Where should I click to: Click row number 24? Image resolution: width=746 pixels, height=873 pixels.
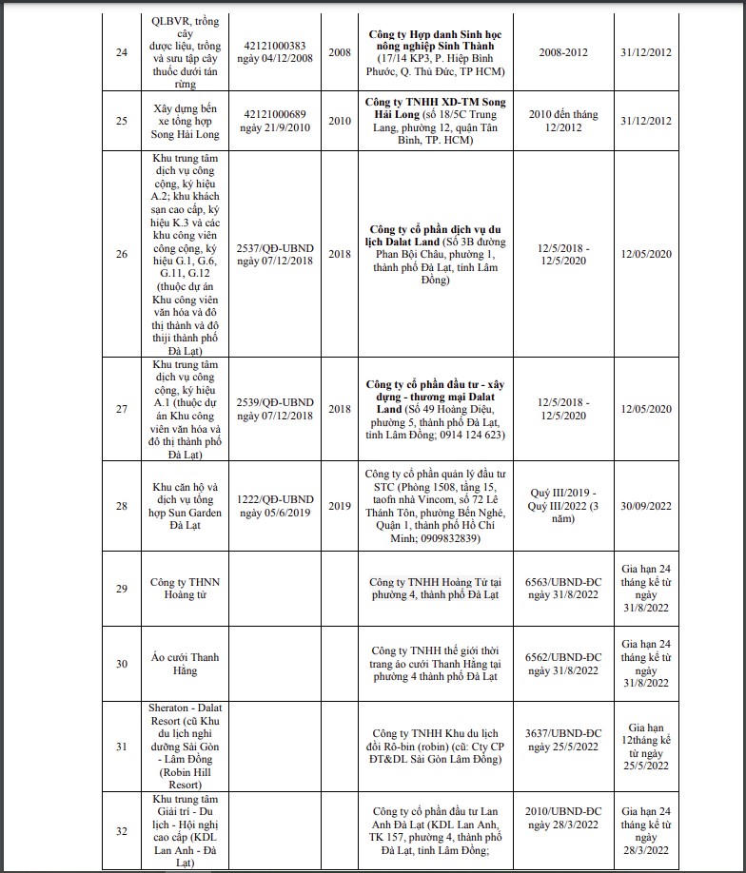[x=121, y=52]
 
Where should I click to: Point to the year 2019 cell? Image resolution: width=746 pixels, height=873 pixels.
[x=340, y=506]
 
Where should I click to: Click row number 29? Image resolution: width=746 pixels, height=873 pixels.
[x=121, y=589]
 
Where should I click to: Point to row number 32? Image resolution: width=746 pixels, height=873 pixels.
[x=121, y=831]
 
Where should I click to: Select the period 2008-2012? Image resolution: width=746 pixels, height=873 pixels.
[x=563, y=52]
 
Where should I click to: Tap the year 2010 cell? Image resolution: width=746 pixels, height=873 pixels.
[x=340, y=121]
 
